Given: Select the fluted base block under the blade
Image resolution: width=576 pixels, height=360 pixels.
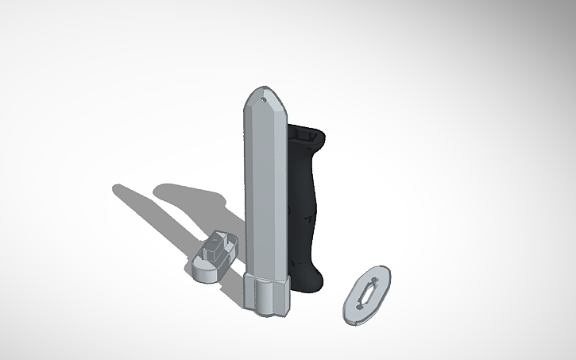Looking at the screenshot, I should [x=266, y=293].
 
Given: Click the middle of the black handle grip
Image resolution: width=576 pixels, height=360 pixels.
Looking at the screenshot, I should [x=307, y=207].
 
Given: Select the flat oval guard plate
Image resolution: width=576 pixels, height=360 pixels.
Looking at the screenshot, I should [x=366, y=294].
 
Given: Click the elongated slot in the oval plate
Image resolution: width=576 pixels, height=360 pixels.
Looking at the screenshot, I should [x=366, y=294].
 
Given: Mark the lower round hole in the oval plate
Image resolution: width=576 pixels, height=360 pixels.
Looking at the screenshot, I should [x=357, y=308].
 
